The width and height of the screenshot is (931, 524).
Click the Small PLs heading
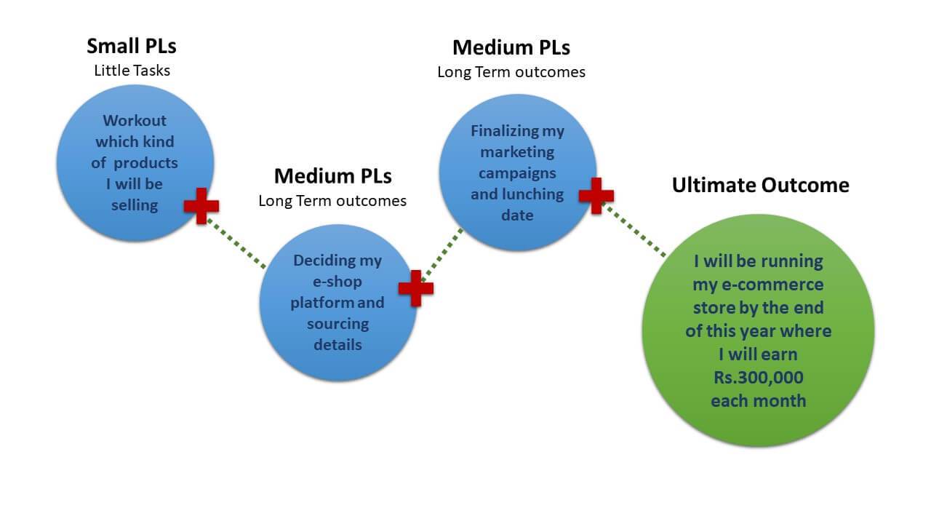pos(132,46)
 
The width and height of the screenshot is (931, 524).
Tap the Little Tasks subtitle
pos(132,71)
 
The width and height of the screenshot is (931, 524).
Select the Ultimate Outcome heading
pos(760,185)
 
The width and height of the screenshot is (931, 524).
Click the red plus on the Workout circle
pos(201,206)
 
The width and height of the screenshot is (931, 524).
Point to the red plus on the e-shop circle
pos(416,287)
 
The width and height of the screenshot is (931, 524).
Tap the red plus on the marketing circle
pos(596,196)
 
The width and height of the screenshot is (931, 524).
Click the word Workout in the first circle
pos(135,121)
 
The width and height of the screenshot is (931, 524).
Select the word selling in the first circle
pos(135,205)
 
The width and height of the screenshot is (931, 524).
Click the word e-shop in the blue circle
pos(337,281)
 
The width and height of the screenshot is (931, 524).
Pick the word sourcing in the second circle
pos(337,323)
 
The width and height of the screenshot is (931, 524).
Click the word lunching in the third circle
pos(538,194)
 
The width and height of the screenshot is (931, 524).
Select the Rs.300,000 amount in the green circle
pos(759,378)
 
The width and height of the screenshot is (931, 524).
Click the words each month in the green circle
pos(759,400)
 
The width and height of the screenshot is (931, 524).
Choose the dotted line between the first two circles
pos(236,243)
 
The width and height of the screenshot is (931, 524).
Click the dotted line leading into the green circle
pos(634,231)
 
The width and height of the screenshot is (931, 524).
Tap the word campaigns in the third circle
pos(517,173)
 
